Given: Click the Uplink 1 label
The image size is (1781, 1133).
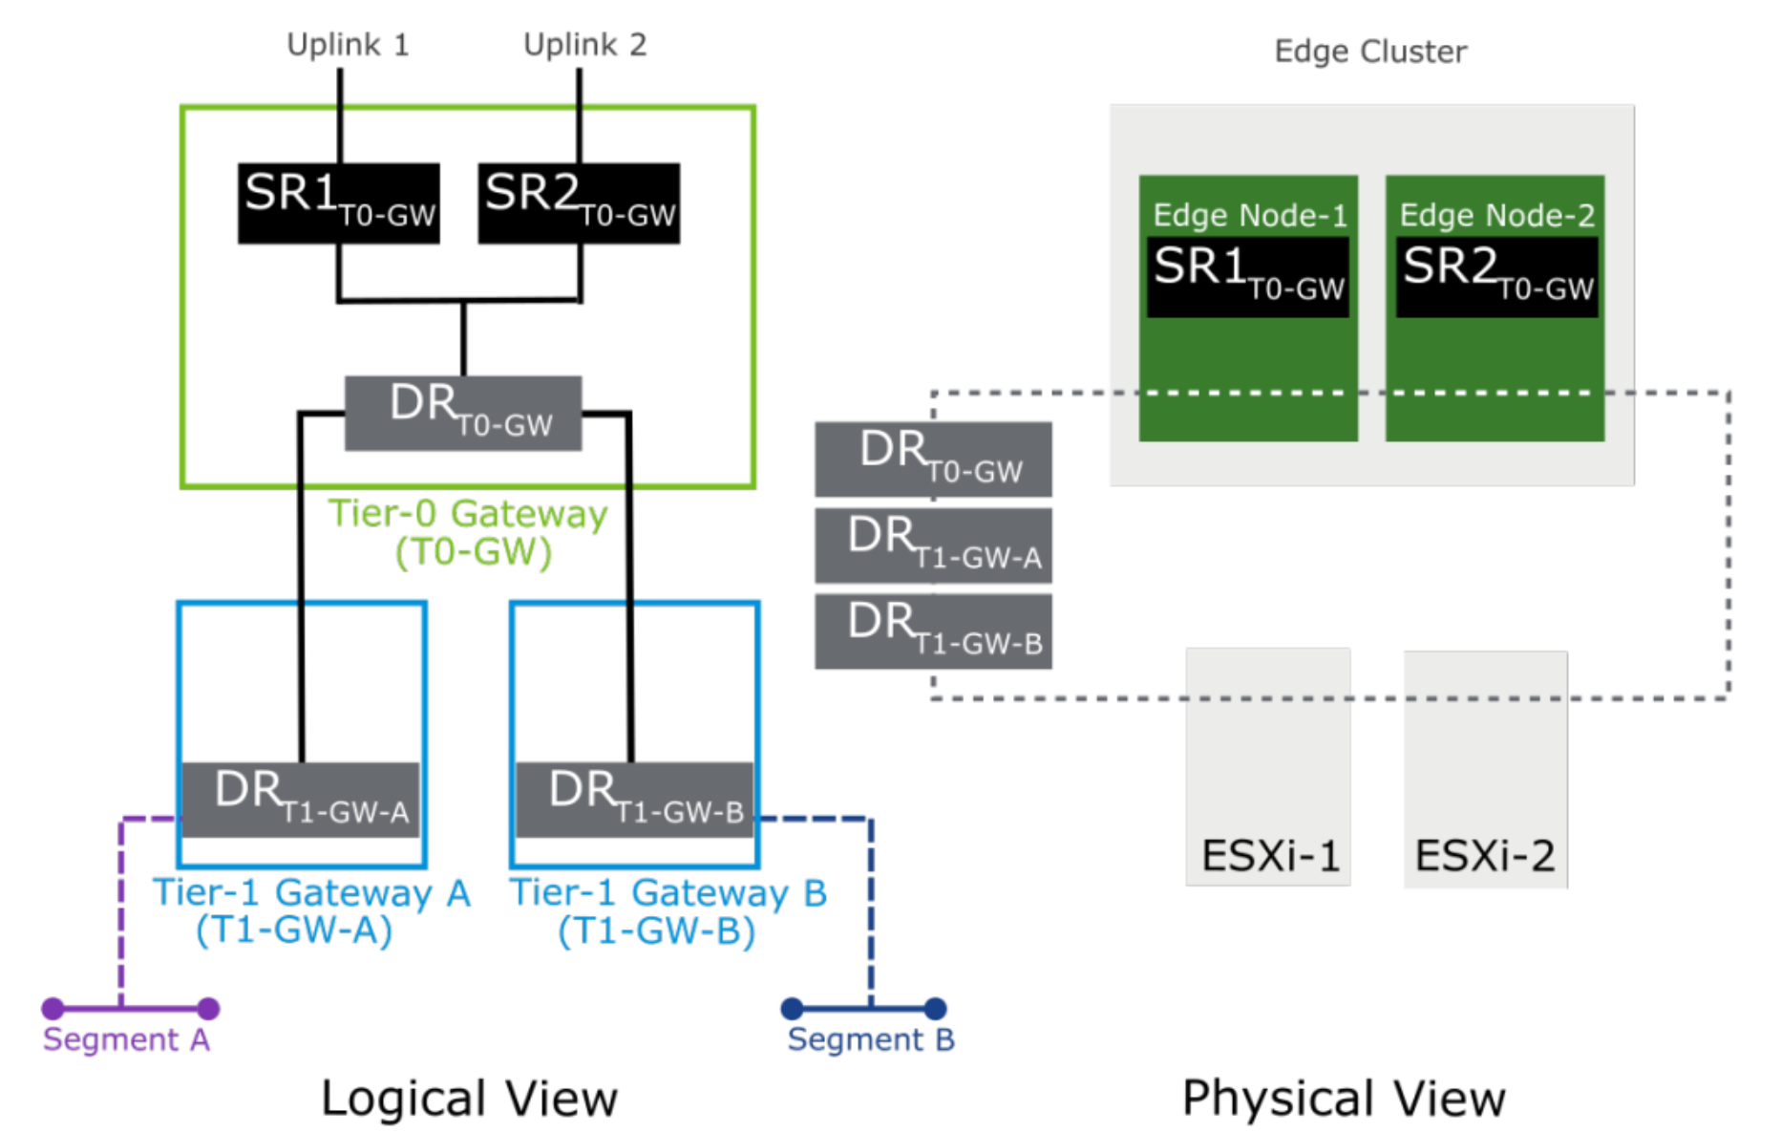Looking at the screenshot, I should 348,45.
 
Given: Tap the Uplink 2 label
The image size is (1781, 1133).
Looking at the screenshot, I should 584,45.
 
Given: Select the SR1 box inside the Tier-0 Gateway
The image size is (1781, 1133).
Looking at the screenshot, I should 339,203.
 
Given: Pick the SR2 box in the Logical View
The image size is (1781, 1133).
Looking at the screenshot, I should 579,203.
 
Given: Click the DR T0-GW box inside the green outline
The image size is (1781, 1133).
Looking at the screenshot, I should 463,413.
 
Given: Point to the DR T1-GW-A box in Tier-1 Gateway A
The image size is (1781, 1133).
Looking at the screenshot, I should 301,800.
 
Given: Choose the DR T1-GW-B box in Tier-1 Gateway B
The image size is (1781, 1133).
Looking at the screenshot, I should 635,800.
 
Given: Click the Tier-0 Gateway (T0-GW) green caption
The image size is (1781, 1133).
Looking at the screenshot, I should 468,532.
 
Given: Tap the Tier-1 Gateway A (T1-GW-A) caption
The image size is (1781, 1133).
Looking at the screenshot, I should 311,910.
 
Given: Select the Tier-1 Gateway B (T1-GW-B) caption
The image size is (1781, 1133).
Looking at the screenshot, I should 668,910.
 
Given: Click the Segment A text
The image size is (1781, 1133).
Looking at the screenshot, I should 126,1039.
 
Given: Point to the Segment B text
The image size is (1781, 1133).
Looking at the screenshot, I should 870,1039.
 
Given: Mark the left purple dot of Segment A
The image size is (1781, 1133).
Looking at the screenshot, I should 53,1008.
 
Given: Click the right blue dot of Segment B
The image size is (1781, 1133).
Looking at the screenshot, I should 936,1008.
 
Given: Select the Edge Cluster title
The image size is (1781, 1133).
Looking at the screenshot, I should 1370,52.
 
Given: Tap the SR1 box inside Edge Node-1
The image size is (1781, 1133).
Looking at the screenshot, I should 1248,276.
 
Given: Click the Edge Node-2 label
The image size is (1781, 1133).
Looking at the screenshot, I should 1496,216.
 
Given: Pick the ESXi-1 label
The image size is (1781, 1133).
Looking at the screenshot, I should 1270,855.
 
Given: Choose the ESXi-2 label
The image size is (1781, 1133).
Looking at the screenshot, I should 1485,855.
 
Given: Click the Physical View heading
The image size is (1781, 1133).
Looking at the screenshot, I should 1344,1098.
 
